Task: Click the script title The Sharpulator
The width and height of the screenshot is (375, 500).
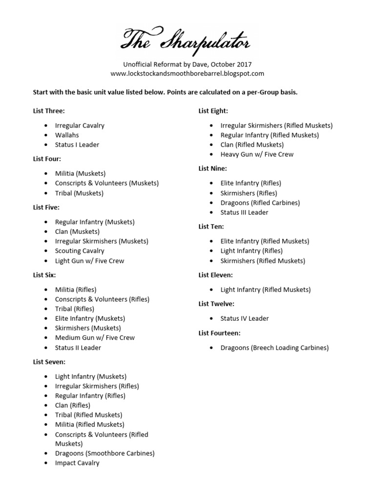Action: (187, 41)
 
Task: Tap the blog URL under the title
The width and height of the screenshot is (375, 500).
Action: (187, 74)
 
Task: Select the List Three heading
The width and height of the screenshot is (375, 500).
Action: (49, 111)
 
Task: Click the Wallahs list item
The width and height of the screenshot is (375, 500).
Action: (67, 135)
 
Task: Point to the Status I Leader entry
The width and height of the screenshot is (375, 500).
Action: (78, 145)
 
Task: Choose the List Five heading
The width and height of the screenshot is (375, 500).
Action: (46, 208)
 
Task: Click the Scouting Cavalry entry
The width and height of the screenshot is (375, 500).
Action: (80, 251)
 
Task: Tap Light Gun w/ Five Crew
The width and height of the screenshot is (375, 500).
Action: (89, 261)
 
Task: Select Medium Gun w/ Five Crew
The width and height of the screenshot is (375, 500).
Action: (95, 338)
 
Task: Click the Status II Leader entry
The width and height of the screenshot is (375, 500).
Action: (78, 348)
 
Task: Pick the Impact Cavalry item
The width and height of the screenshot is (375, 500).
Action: (77, 463)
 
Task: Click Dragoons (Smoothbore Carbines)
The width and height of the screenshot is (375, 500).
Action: (104, 453)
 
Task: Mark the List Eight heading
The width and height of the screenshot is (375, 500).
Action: (213, 111)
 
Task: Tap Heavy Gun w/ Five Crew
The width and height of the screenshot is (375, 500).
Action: (257, 154)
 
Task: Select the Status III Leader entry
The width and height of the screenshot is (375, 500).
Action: (244, 212)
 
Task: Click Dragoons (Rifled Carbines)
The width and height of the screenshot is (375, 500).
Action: (260, 203)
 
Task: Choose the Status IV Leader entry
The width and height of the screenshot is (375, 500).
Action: (245, 318)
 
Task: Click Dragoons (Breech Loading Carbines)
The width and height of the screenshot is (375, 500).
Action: (274, 348)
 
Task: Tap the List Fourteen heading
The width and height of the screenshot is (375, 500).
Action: (219, 333)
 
